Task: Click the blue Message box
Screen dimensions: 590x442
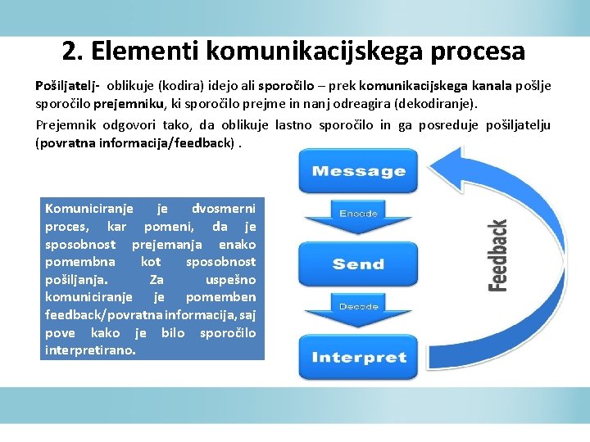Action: click(x=358, y=171)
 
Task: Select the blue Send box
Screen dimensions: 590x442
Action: click(x=358, y=264)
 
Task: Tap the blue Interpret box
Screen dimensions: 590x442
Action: click(x=358, y=357)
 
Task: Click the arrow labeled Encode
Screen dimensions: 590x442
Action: click(x=358, y=216)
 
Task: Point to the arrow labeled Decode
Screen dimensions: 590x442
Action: click(x=358, y=309)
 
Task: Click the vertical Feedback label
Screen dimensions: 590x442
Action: click(x=498, y=255)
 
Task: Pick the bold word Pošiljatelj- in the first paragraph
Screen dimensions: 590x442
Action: click(x=67, y=85)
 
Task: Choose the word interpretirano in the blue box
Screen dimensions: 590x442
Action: click(x=91, y=350)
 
